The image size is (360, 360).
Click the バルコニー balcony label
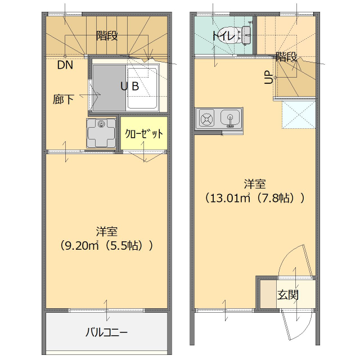pyautogui.click(x=106, y=332)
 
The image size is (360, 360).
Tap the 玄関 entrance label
pyautogui.click(x=287, y=295)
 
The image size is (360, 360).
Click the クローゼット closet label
pyautogui.click(x=144, y=134)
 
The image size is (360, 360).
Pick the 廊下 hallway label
pyautogui.click(x=64, y=100)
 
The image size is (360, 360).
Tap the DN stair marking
pyautogui.click(x=65, y=64)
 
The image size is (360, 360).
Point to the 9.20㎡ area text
pyautogui.click(x=80, y=246)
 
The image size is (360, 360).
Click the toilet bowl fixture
pyautogui.click(x=232, y=35)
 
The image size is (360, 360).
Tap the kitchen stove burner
pyautogui.click(x=206, y=119)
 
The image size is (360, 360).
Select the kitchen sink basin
pyautogui.click(x=231, y=118)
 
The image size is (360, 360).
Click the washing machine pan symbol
pyautogui.click(x=102, y=133)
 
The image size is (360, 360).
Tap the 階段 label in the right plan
pyautogui.click(x=286, y=57)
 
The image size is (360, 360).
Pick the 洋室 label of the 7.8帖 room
pyautogui.click(x=255, y=184)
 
